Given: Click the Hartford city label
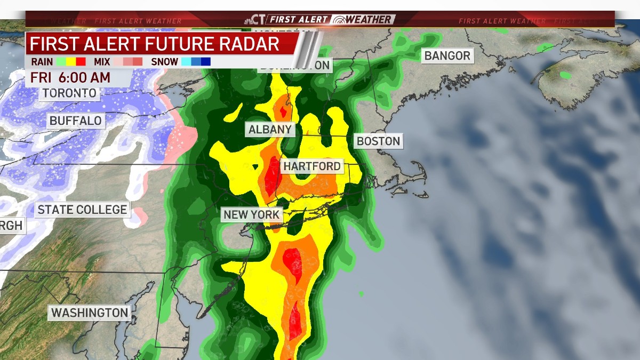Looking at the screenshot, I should [312, 166].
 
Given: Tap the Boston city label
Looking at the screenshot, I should [378, 141].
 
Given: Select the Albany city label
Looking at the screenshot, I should [270, 129].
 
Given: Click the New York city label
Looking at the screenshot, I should [252, 215].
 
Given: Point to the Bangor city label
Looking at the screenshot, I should [447, 55].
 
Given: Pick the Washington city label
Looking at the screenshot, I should [90, 313].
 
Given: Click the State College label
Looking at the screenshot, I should [83, 210].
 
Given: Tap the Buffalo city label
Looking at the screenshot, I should [75, 121].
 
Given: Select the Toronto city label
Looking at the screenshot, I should [70, 93].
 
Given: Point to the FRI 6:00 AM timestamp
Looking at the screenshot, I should [70, 77].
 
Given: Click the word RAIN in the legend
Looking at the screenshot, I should [42, 62].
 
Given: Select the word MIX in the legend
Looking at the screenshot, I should [101, 62].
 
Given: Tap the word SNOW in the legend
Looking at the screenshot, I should [165, 62].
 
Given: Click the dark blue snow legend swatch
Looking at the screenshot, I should [206, 62].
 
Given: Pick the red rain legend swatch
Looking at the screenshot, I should [81, 62].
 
